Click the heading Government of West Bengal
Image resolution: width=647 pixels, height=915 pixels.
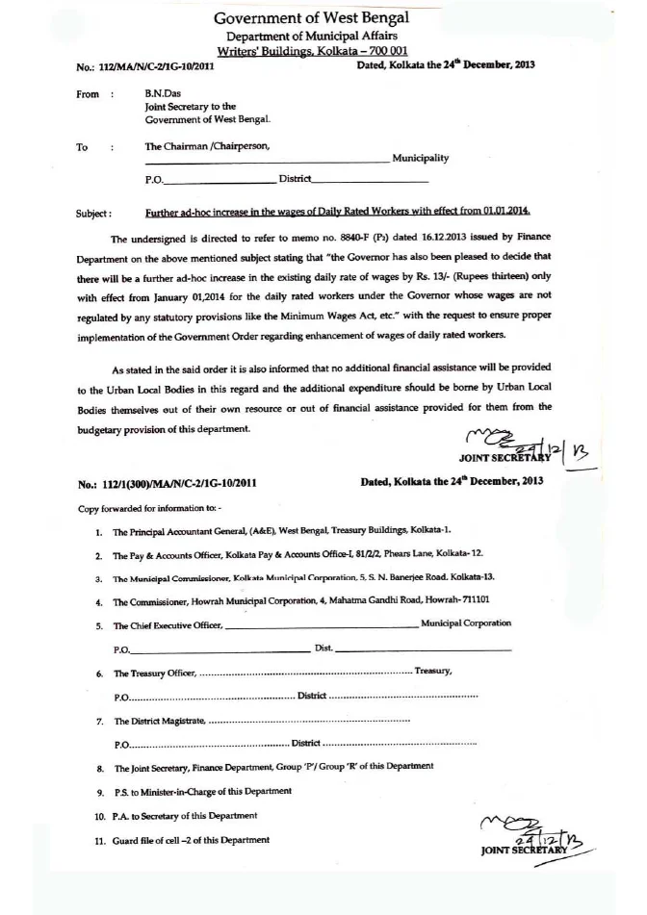point(311,18)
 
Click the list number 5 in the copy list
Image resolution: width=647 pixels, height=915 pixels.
point(100,624)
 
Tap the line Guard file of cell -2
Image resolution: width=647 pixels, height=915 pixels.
point(192,840)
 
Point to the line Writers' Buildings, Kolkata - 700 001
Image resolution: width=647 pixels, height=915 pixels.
point(312,51)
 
